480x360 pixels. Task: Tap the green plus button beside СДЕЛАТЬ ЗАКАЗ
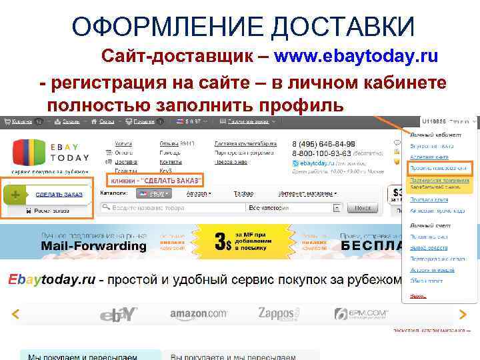[x=15, y=195]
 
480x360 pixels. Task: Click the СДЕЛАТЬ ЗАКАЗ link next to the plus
[x=59, y=195]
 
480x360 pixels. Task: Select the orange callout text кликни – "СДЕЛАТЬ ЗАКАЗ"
[x=155, y=181]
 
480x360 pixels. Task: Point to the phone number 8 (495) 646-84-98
[x=323, y=144]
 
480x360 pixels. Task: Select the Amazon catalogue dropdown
[x=198, y=193]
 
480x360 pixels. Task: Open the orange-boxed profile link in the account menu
[x=438, y=167]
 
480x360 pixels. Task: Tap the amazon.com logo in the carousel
[x=198, y=314]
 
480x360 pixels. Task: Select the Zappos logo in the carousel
[x=279, y=313]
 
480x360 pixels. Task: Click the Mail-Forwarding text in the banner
[x=93, y=246]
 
